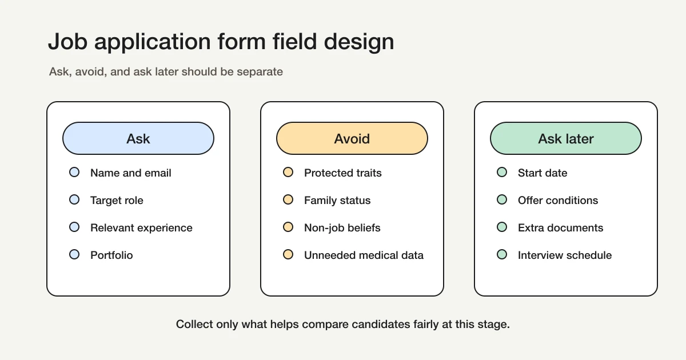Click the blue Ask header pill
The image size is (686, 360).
click(138, 138)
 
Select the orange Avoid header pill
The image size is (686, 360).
click(352, 138)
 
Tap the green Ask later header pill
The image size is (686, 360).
click(565, 138)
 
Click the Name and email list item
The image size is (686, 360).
click(130, 173)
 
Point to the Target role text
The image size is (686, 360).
click(117, 200)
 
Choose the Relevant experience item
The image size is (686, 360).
click(141, 227)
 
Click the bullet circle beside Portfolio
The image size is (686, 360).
click(74, 255)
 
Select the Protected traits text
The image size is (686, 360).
click(342, 173)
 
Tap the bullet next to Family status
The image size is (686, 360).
click(288, 200)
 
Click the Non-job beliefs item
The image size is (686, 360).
click(342, 227)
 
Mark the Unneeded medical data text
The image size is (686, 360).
click(364, 255)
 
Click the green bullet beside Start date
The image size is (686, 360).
click(502, 173)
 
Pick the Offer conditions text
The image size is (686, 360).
click(557, 200)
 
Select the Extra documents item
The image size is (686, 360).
click(560, 227)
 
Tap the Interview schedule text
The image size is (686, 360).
click(564, 255)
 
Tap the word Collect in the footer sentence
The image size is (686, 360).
click(194, 324)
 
